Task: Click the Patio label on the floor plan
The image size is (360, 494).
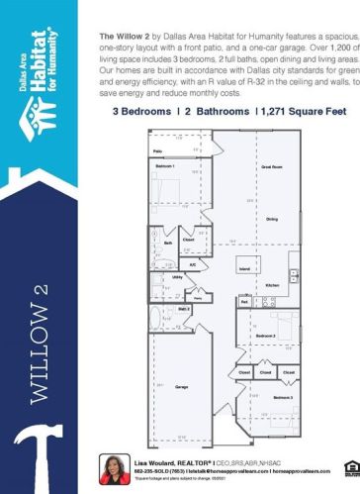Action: point(158,151)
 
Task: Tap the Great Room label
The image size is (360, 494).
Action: point(271,167)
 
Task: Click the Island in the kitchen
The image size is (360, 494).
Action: point(244,267)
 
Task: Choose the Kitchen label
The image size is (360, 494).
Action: point(272,284)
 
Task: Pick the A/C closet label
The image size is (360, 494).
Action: point(193,265)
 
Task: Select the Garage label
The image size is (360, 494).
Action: point(182,386)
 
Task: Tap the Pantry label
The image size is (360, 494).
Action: point(198,298)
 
